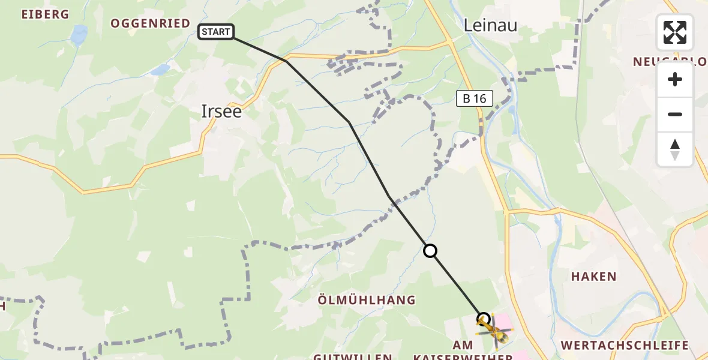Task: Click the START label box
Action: click(x=216, y=32)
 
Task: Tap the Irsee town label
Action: click(x=221, y=111)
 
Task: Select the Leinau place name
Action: click(x=490, y=24)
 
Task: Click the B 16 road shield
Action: click(x=475, y=98)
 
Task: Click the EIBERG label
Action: click(x=45, y=14)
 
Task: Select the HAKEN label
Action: click(x=593, y=277)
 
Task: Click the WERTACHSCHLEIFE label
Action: click(x=624, y=345)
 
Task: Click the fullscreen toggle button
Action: click(x=675, y=32)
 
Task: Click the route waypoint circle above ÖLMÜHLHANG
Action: click(x=430, y=251)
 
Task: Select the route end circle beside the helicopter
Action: click(x=483, y=318)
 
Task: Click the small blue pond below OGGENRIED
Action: click(x=160, y=70)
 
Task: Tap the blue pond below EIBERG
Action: click(x=79, y=35)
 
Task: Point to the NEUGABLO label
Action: click(x=670, y=62)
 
